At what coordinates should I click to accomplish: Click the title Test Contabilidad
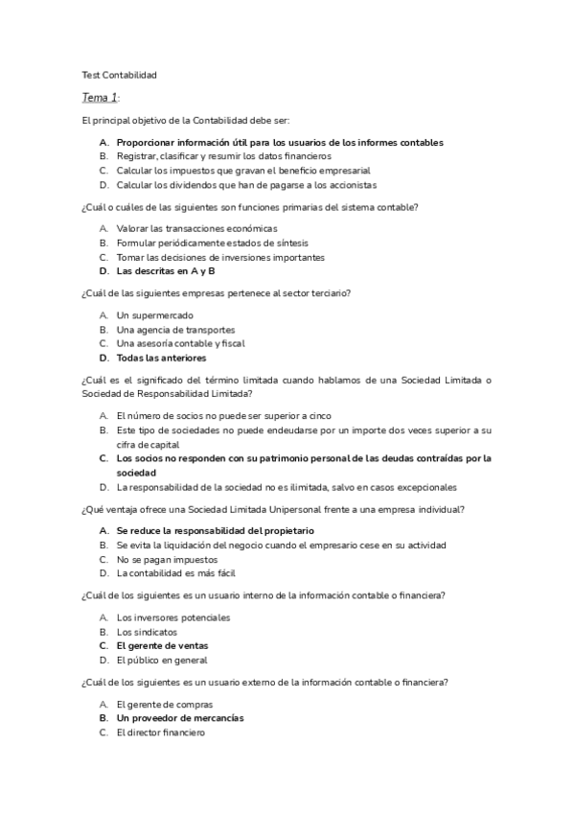click(119, 74)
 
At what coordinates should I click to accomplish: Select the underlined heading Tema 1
click(100, 98)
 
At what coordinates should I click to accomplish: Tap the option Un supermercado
click(154, 315)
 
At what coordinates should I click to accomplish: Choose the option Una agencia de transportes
click(175, 330)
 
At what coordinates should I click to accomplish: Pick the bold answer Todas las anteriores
click(161, 358)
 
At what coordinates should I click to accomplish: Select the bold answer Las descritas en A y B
click(166, 271)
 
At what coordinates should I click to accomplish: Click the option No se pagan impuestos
click(167, 559)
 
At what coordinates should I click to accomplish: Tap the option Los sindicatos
click(147, 632)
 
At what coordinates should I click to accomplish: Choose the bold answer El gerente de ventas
click(162, 646)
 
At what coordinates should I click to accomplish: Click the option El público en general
click(161, 661)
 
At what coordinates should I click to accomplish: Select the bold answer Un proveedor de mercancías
click(180, 718)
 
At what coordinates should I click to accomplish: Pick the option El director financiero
click(160, 732)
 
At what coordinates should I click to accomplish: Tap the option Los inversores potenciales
click(173, 617)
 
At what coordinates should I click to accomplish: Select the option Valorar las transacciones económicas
click(196, 228)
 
